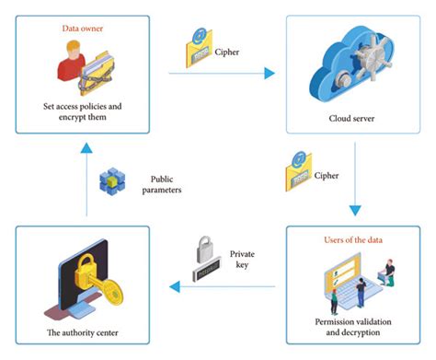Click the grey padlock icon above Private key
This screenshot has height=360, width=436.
point(205,254)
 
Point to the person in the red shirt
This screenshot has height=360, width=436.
point(67,74)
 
